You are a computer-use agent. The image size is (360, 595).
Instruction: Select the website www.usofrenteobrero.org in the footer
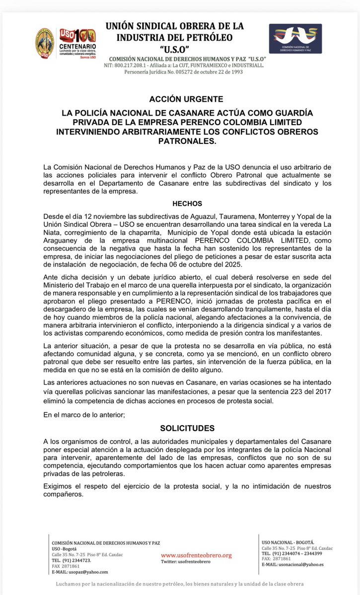pyautogui.click(x=196, y=555)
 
